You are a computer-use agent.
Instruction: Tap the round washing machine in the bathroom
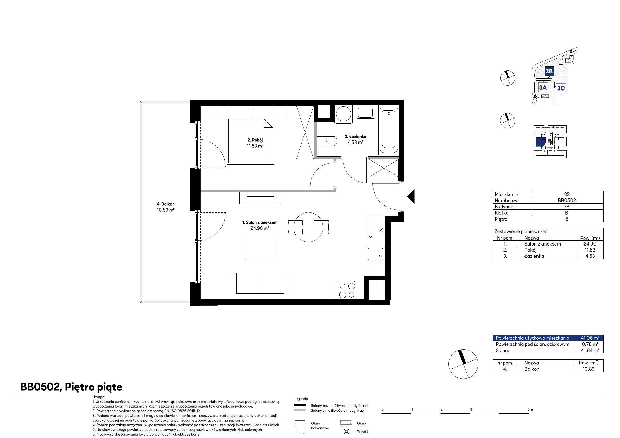point(344,114)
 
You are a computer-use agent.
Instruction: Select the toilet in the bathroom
point(327,141)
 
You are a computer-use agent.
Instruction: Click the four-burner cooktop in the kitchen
point(347,290)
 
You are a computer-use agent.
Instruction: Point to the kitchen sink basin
point(376,254)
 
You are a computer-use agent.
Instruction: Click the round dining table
point(308,227)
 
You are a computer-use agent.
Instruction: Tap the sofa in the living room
point(260,286)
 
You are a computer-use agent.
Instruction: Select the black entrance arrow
point(411,196)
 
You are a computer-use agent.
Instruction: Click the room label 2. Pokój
point(255,140)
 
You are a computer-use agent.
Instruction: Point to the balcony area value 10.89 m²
point(166,210)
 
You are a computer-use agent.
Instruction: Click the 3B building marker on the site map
point(549,71)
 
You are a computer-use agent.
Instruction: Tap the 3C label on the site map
point(561,88)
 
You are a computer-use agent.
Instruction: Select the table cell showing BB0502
point(567,200)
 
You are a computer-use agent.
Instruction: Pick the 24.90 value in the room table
point(590,244)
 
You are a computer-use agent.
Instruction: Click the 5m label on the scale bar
point(530,409)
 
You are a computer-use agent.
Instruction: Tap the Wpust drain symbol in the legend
point(346,431)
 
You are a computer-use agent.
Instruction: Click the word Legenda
point(301,399)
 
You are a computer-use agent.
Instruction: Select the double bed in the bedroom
point(251,136)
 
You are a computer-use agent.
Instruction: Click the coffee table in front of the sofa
point(260,250)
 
